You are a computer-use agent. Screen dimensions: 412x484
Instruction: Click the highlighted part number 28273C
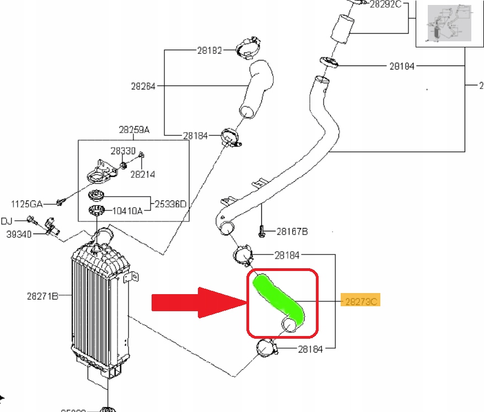pos(361,301)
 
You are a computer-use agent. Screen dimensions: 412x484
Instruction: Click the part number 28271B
pos(42,296)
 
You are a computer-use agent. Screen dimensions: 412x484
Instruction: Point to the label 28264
pos(143,86)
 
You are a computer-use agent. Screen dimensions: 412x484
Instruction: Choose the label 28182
pos(209,51)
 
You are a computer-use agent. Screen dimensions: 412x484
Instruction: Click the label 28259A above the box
pos(134,130)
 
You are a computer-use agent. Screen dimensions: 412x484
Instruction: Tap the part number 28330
pos(122,150)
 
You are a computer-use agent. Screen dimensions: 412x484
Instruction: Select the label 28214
pos(143,174)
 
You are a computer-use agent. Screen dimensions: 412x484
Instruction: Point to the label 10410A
pos(128,210)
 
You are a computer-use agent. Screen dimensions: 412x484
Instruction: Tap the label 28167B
pos(292,231)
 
